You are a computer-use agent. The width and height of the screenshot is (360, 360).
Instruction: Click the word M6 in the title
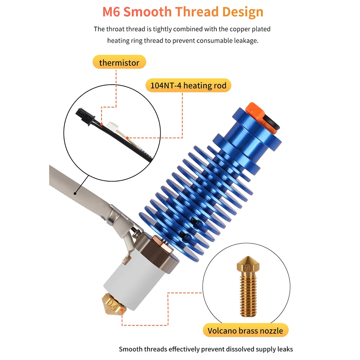click(111, 12)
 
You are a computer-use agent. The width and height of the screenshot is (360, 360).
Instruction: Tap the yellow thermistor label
click(119, 62)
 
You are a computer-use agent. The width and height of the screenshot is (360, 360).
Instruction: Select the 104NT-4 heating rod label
click(188, 85)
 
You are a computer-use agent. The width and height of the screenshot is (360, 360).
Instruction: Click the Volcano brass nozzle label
click(245, 330)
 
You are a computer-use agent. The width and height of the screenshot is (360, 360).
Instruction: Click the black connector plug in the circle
click(84, 116)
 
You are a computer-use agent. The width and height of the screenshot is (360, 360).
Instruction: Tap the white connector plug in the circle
click(112, 127)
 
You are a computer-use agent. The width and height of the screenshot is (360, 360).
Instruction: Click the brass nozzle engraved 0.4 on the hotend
click(114, 304)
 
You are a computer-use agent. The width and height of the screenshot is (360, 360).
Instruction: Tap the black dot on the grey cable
click(75, 194)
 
